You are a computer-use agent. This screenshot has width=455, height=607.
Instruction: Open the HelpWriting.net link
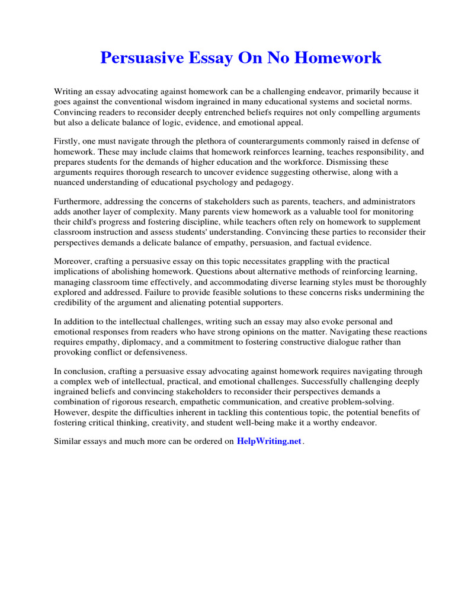[x=269, y=441]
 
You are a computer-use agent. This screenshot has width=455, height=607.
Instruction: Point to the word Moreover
[x=72, y=261]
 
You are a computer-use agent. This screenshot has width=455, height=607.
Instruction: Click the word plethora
[x=208, y=141]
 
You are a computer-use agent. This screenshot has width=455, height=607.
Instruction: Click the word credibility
[x=75, y=302]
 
